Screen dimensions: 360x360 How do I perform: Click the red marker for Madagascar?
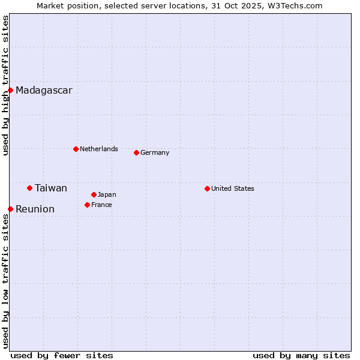pos(10,91)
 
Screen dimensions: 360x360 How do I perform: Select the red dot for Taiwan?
pos(29,188)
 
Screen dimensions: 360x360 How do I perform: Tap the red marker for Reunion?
pos(10,209)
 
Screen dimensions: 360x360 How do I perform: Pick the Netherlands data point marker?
pos(76,149)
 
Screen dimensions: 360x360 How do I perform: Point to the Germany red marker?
pos(136,152)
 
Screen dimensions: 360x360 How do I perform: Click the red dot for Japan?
pos(94,194)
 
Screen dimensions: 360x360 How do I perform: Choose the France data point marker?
pos(87,205)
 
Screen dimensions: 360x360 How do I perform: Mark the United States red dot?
pos(207,188)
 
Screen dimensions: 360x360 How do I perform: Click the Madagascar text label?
pos(44,91)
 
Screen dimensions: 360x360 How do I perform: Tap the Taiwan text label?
pos(51,188)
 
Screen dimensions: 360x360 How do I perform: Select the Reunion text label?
pos(35,209)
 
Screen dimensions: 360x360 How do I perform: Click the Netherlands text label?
pos(99,149)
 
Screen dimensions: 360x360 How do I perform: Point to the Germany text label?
pos(155,152)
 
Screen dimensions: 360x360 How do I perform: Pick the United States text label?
pos(233,188)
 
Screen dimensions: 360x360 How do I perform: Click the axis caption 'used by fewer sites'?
pos(62,355)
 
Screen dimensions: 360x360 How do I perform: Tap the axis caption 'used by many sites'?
pos(301,355)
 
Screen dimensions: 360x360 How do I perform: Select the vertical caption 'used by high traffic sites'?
pos(6,85)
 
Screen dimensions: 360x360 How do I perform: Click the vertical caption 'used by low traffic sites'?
pos(6,280)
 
